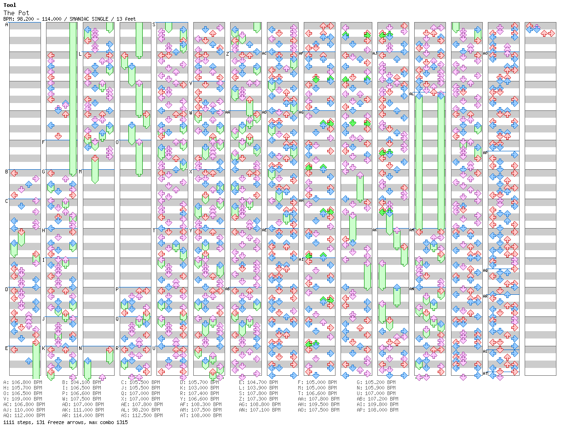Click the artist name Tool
[10, 5]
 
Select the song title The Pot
[16, 13]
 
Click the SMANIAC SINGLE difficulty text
[89, 19]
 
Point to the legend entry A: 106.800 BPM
[23, 382]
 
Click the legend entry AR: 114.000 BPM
[81, 415]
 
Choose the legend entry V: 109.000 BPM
[23, 399]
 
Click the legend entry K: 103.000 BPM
[199, 388]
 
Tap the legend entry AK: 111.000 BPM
[81, 410]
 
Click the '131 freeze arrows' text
[61, 423]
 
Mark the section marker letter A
[7, 25]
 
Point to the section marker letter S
[154, 25]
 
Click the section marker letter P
[117, 289]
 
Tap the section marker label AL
[411, 94]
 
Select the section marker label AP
[485, 153]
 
